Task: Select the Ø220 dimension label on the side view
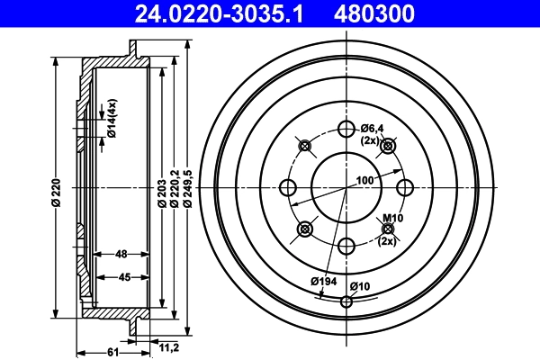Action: tap(56, 193)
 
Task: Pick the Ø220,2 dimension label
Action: tap(174, 193)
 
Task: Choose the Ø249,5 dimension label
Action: tap(187, 193)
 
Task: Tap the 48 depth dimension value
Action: tap(121, 255)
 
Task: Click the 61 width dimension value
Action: tap(113, 352)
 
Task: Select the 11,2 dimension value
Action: tap(167, 346)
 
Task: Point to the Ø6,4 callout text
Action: tap(372, 128)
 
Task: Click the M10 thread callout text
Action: tap(391, 219)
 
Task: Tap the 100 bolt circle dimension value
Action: tap(364, 181)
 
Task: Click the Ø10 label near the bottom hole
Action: tap(360, 286)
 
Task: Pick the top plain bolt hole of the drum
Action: tap(346, 128)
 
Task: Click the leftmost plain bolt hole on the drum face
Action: tap(289, 187)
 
